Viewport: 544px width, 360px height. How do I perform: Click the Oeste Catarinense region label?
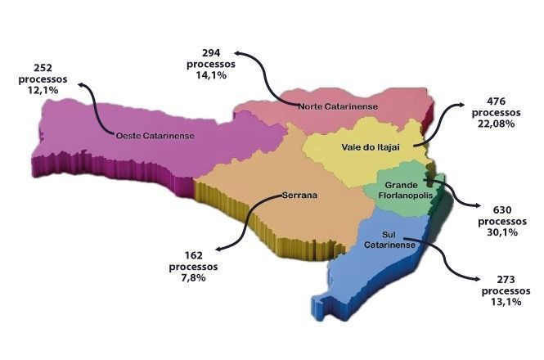tap(155, 135)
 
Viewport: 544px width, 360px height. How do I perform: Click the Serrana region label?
tap(299, 196)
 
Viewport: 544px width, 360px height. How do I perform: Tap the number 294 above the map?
tap(211, 52)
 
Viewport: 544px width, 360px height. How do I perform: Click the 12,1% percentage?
tap(44, 90)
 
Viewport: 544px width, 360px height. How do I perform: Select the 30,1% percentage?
tap(497, 232)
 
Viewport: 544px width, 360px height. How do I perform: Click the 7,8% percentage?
tap(193, 277)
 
